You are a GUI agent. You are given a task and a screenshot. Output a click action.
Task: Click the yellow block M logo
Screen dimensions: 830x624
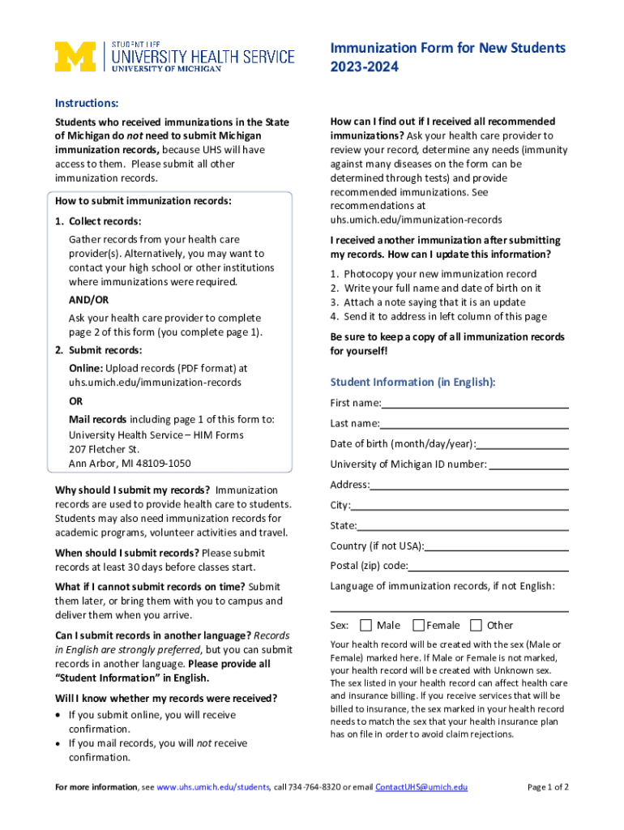pyautogui.click(x=75, y=57)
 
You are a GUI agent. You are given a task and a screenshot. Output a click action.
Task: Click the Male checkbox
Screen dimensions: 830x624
pyautogui.click(x=365, y=625)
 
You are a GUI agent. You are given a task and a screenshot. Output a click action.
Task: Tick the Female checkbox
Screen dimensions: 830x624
pyautogui.click(x=418, y=625)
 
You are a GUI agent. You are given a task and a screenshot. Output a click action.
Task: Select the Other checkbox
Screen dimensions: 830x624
pyautogui.click(x=476, y=625)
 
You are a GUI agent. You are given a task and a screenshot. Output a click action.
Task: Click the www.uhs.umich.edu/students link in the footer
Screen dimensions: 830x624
pyautogui.click(x=213, y=787)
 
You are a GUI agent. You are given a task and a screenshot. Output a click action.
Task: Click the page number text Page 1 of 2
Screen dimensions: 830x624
pyautogui.click(x=548, y=787)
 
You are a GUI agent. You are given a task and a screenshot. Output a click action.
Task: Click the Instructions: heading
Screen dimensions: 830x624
pyautogui.click(x=87, y=103)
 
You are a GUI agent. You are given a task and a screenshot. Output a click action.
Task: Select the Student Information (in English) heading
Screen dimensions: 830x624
pyautogui.click(x=412, y=382)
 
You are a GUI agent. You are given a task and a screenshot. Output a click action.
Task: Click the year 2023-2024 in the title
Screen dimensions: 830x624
pyautogui.click(x=364, y=68)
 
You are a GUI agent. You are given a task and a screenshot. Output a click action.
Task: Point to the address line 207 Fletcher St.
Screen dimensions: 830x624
pyautogui.click(x=104, y=449)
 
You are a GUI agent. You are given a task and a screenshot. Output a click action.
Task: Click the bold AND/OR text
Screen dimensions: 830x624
pyautogui.click(x=88, y=300)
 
